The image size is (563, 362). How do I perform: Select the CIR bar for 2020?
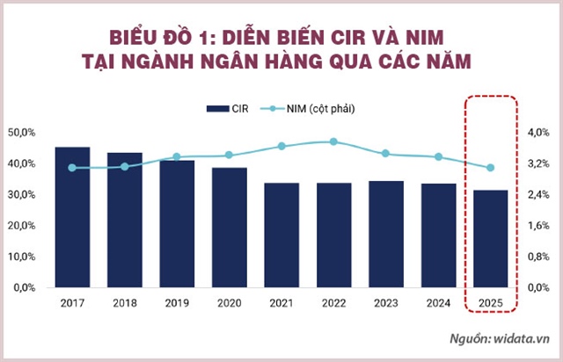pos(229,228)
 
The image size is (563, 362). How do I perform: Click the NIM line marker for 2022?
pos(333,141)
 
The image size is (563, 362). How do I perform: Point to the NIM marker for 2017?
pos(71,168)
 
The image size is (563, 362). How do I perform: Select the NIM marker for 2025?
pos(490,168)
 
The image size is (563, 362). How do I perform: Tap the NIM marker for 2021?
pos(281,146)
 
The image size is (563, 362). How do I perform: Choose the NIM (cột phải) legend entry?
pos(317,108)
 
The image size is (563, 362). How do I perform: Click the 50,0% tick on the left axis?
pos(20,133)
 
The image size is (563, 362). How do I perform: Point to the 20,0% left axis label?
pos(20,226)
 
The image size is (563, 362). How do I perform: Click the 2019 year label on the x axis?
pos(176,303)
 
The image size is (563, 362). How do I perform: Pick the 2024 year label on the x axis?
pos(437,303)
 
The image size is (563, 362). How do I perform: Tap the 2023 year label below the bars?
pos(385,303)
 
